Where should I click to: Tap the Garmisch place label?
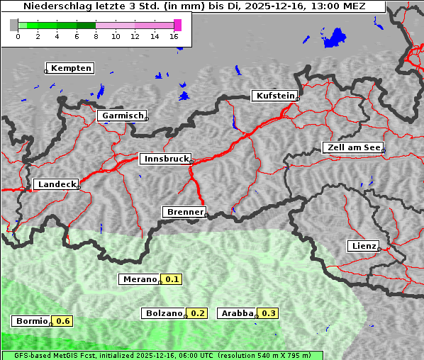pos(122,116)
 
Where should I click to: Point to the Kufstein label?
pos(274,96)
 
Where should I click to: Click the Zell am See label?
pos(352,147)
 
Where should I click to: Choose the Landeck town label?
pos(57,184)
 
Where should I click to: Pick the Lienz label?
pos(363,246)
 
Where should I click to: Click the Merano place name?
pos(139,279)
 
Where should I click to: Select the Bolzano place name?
pos(164,313)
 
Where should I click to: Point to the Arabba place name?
pos(238,313)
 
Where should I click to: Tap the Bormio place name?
pos(32,321)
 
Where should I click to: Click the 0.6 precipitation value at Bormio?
pos(63,321)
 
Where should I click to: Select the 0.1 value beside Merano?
pos(172,279)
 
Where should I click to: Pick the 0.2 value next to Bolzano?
pos(198,313)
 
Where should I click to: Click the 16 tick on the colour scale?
pos(174,36)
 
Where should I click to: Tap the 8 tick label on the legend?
pos(96,36)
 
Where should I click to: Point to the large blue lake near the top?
pos(336,37)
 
